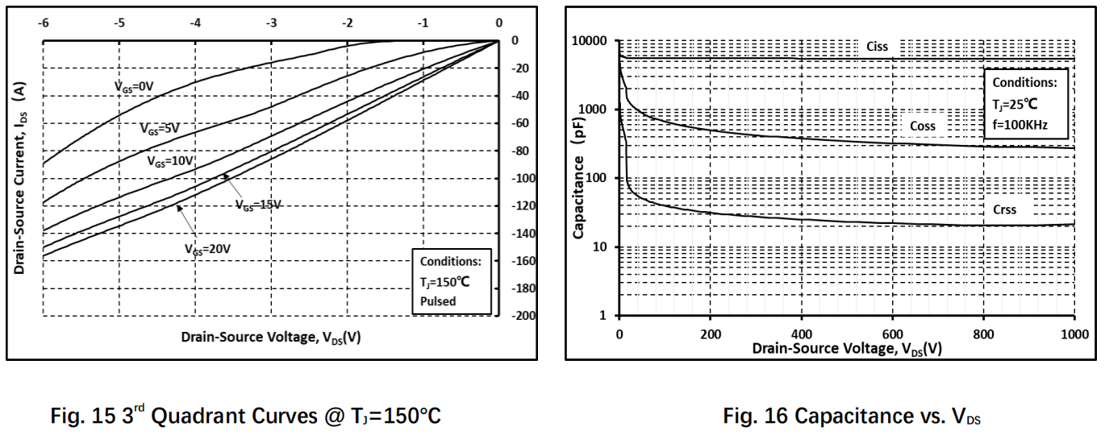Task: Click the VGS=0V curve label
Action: [x=134, y=87]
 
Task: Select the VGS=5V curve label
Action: [x=160, y=129]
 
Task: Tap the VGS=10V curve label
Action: [x=170, y=161]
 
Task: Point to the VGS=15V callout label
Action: [x=258, y=205]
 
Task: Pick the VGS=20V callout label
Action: [x=207, y=249]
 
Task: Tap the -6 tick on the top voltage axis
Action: [x=44, y=23]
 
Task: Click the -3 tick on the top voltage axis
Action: [x=271, y=23]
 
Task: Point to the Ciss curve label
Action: [x=877, y=47]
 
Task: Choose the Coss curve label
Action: [x=923, y=126]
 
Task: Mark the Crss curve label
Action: [x=1005, y=210]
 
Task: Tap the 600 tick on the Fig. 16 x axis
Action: [x=893, y=334]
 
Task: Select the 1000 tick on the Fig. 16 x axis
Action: [x=1074, y=334]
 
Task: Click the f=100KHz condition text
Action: [x=1020, y=125]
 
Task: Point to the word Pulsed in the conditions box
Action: [x=438, y=301]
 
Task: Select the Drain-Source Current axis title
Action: [x=19, y=178]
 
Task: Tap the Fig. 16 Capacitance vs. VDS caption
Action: [x=852, y=416]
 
